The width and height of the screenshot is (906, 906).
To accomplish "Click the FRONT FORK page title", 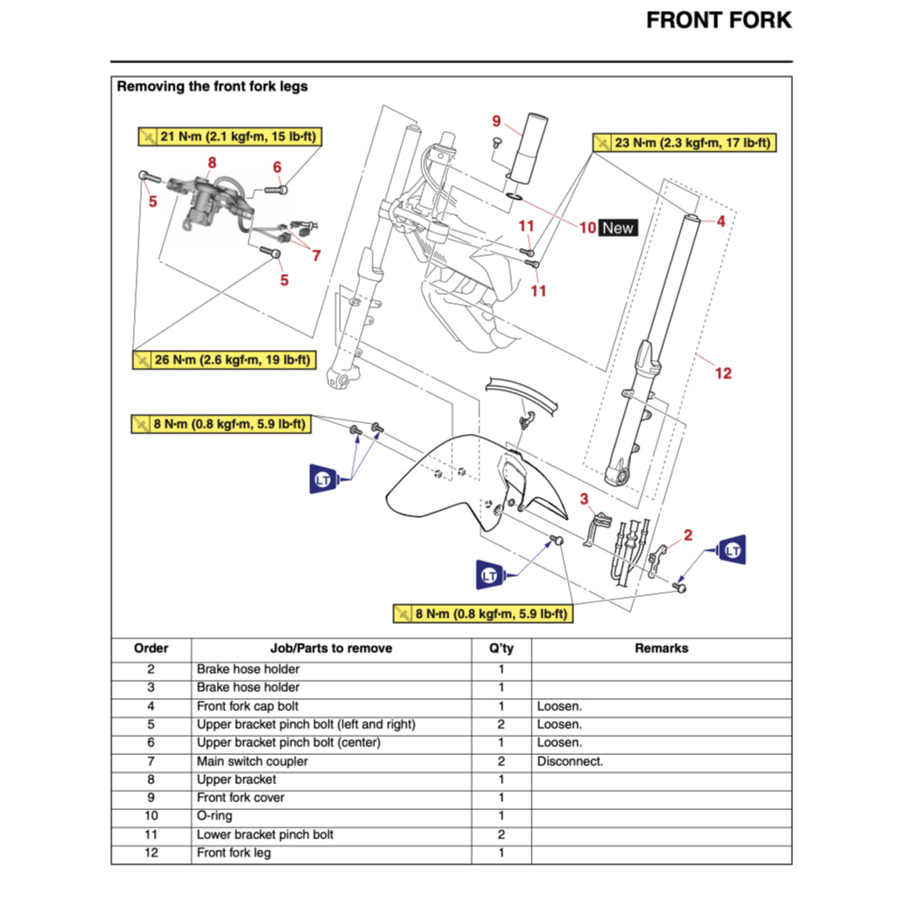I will point(718,21).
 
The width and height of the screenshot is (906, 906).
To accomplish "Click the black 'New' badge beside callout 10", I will point(618,228).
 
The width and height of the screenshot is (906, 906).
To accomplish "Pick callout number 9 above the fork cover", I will point(496,120).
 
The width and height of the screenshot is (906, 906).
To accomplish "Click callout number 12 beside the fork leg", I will point(723,373).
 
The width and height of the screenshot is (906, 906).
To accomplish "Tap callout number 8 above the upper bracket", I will point(212,163).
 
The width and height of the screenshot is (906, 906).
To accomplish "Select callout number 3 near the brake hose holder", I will point(584,499).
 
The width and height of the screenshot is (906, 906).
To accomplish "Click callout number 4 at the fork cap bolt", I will point(721,221).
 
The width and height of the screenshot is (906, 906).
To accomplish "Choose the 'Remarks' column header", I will point(661,648).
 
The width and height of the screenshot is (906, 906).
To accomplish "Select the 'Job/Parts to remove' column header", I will point(331,648).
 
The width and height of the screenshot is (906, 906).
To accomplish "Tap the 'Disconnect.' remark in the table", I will point(570,761).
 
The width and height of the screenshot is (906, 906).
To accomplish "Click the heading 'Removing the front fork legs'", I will point(212,87).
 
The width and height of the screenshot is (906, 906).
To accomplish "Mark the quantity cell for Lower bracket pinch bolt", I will point(501,835).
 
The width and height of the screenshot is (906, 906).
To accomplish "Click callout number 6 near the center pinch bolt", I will point(278,166).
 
